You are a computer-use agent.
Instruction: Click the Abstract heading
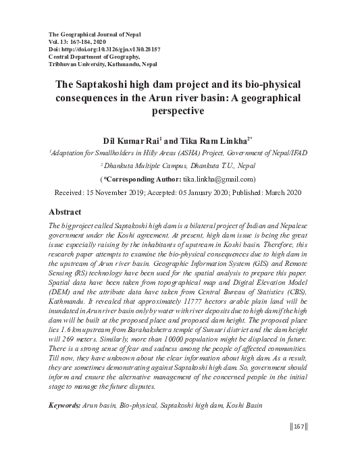70,211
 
